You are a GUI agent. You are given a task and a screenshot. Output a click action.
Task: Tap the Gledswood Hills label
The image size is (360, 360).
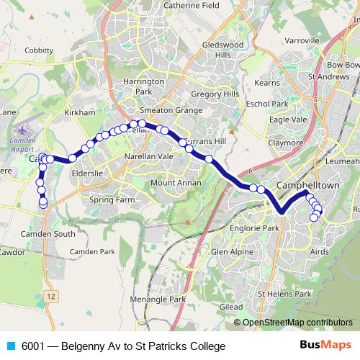222,49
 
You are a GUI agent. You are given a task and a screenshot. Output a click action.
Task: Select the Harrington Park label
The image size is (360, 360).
139,87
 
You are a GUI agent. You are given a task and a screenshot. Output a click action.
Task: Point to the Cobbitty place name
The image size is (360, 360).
39,50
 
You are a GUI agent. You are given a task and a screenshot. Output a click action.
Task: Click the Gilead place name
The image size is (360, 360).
232,307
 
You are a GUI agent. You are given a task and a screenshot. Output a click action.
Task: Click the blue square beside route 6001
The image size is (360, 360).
10,346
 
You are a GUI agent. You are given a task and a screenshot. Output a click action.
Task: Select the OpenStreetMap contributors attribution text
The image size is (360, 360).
297,323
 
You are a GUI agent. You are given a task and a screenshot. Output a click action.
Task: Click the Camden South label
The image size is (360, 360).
49,233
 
